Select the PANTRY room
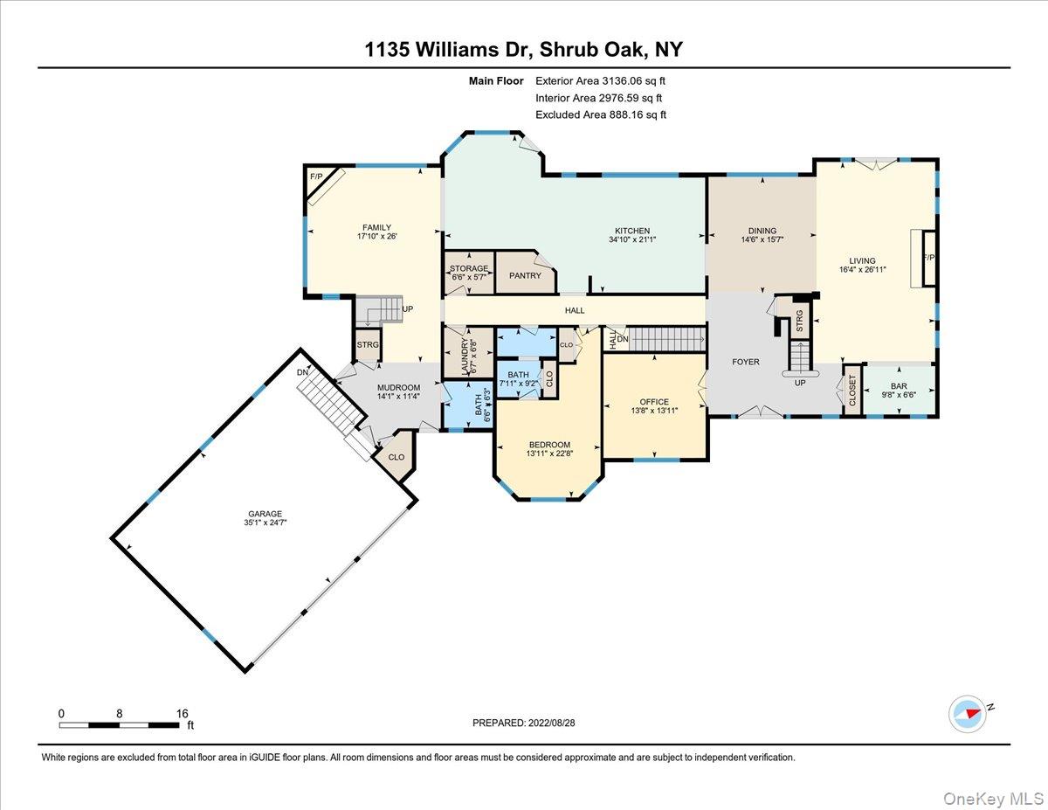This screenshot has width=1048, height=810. pos(525,275)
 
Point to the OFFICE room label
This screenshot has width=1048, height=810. pos(654,402)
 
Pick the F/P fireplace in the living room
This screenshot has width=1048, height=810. pos(929,258)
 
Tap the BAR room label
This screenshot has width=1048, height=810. pos(899,385)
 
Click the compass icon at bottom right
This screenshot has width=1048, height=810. pos(968,713)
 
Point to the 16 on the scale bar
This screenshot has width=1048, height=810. pos(182,713)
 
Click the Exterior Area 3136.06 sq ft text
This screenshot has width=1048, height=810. pos(606,81)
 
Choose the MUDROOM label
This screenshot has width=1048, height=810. pos(398,387)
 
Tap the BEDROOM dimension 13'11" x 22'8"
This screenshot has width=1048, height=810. pos(548,453)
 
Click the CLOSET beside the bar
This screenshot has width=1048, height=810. pos(851,391)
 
